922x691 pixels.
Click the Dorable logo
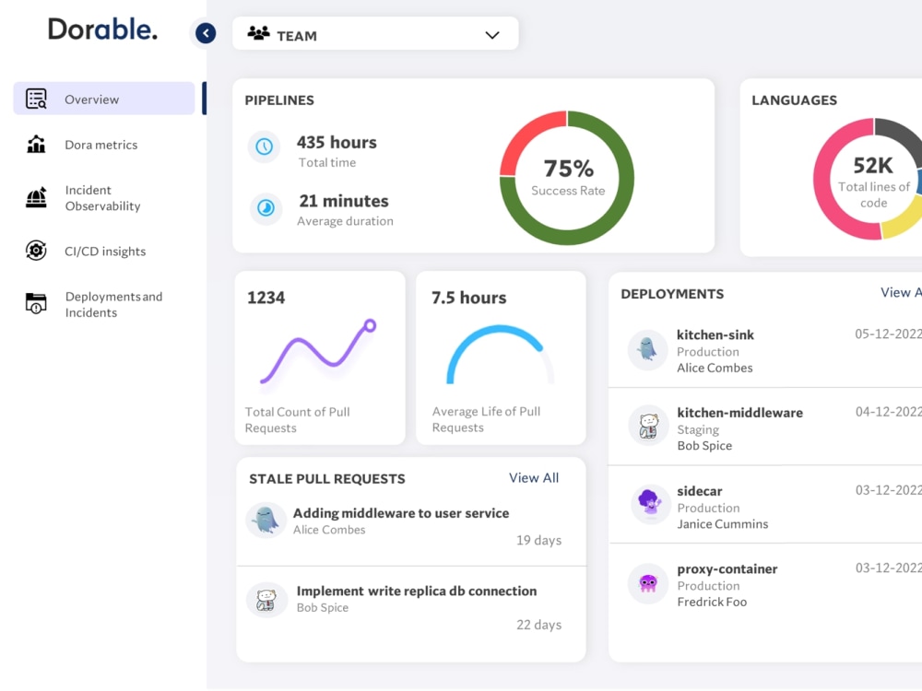pyautogui.click(x=102, y=29)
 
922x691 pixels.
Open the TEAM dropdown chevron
pyautogui.click(x=492, y=35)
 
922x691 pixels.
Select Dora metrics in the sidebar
pyautogui.click(x=100, y=145)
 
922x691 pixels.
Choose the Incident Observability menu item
pyautogui.click(x=102, y=198)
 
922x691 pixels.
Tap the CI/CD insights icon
pyautogui.click(x=36, y=251)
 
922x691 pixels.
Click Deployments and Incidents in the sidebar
pyautogui.click(x=113, y=304)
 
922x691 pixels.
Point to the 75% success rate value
pyautogui.click(x=568, y=169)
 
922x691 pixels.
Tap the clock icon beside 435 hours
pyautogui.click(x=265, y=146)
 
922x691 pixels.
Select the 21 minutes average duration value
pyautogui.click(x=343, y=201)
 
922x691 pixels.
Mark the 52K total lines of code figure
pyautogui.click(x=872, y=166)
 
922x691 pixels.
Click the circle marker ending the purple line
pyautogui.click(x=370, y=325)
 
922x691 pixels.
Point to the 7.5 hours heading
pyautogui.click(x=468, y=298)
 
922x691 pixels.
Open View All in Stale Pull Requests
pyautogui.click(x=534, y=477)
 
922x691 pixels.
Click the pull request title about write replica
pyautogui.click(x=416, y=591)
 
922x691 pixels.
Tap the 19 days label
pyautogui.click(x=538, y=540)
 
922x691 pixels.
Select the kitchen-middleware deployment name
pyautogui.click(x=739, y=413)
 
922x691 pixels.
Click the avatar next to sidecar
pyautogui.click(x=648, y=504)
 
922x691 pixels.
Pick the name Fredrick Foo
pyautogui.click(x=712, y=602)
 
